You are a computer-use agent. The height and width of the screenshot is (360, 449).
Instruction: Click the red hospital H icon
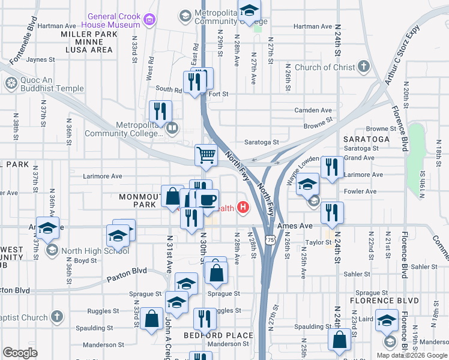[x=243, y=208]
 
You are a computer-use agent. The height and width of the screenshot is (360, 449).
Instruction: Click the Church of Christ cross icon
[x=364, y=68]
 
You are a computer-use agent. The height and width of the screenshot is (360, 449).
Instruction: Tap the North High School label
[x=95, y=251]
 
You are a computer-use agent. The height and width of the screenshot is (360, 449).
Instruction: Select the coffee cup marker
[x=208, y=200]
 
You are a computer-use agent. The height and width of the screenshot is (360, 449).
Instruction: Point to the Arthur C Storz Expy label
[x=399, y=60]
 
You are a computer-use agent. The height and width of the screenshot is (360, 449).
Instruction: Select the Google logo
[x=20, y=352]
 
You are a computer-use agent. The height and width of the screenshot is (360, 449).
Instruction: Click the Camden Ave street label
[x=313, y=110]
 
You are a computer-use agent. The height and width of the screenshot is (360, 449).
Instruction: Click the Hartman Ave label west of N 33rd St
[x=56, y=26]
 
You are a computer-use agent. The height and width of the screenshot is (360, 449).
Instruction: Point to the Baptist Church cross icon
[x=56, y=316]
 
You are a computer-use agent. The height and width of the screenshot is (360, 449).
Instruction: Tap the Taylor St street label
[x=318, y=242]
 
